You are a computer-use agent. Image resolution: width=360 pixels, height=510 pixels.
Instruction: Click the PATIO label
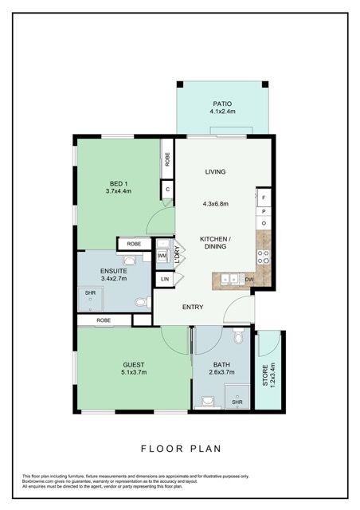[x=221, y=104]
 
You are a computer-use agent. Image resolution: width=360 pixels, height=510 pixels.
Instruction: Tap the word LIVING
[x=215, y=171]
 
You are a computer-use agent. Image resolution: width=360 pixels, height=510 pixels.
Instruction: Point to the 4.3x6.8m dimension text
[x=215, y=204]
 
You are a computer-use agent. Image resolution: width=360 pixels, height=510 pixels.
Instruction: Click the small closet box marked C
[x=167, y=190]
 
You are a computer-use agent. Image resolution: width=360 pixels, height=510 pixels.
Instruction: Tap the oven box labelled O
[x=264, y=224]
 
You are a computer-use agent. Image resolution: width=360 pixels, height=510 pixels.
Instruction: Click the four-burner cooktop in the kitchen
[x=264, y=257]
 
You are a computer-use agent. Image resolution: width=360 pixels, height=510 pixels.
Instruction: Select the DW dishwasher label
[x=250, y=279]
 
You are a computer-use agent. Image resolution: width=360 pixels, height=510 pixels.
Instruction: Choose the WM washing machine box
[x=162, y=256]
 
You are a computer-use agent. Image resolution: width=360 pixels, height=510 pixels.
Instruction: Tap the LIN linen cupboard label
[x=166, y=279]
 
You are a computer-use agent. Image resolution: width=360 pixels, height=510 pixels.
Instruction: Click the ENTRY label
[x=193, y=307]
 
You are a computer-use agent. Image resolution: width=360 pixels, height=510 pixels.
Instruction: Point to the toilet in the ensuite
[x=141, y=302]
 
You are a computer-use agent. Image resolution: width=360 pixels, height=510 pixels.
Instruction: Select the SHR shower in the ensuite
[x=90, y=294]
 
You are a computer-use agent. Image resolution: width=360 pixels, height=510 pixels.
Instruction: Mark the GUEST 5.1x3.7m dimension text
[x=133, y=372]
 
